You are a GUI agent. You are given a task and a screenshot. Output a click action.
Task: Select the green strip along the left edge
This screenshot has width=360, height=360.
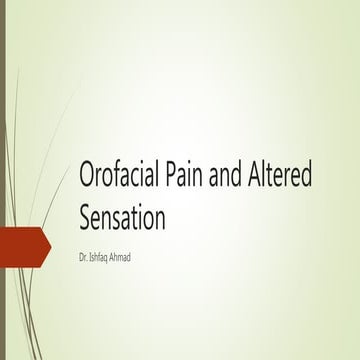click(x=2, y=150)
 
